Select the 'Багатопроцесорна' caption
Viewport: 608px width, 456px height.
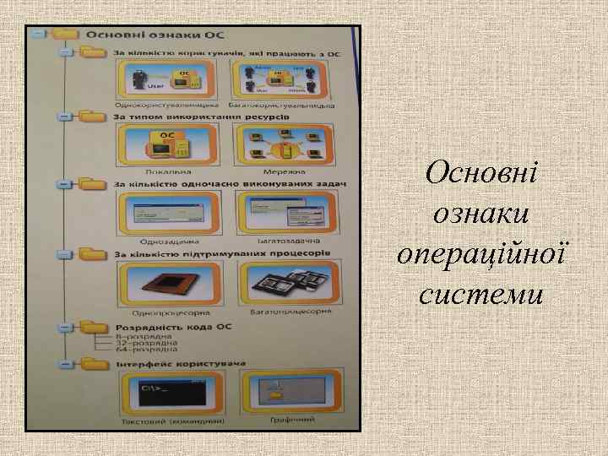click(x=285, y=311)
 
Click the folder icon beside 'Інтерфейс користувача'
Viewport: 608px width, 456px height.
click(x=90, y=364)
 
